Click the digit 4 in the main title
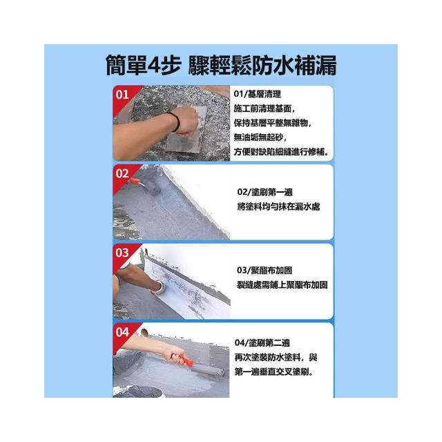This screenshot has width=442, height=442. coord(155,66)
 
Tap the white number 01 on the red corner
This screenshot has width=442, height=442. coord(122,95)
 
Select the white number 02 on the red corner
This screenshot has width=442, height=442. coord(122,173)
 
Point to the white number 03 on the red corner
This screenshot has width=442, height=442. coord(122,253)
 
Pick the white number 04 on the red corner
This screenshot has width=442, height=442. coord(122,332)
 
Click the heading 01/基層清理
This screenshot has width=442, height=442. coord(257,94)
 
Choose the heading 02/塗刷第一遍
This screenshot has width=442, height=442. coord(265,192)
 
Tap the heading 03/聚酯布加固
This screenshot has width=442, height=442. coord(265,270)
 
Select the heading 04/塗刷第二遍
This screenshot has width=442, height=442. coord(262,343)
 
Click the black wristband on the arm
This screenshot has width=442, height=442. coord(176,122)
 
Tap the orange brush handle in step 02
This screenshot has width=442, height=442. coord(134,181)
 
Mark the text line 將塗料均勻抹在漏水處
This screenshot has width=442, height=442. coord(278,206)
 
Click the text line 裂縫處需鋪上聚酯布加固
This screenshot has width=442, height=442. coord(282,285)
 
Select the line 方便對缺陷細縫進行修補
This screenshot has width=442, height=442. coord(281,152)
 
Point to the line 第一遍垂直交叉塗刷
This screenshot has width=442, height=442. coord(274,372)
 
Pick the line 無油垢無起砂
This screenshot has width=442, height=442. coord(260,137)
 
